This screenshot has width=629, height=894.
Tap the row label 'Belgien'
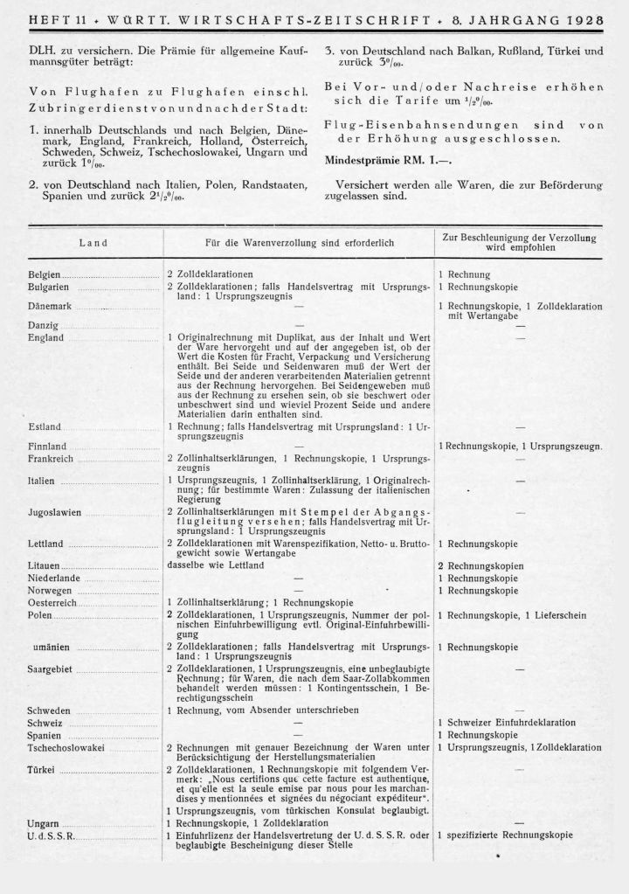point(46,274)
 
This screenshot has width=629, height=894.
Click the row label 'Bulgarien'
point(50,287)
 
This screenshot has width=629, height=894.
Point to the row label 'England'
point(45,337)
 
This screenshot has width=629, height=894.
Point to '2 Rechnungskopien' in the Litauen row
point(480,565)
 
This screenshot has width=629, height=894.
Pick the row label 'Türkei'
point(42,769)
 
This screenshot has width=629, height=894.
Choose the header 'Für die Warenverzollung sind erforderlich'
point(300,242)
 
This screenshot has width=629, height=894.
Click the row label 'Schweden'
point(50,710)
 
